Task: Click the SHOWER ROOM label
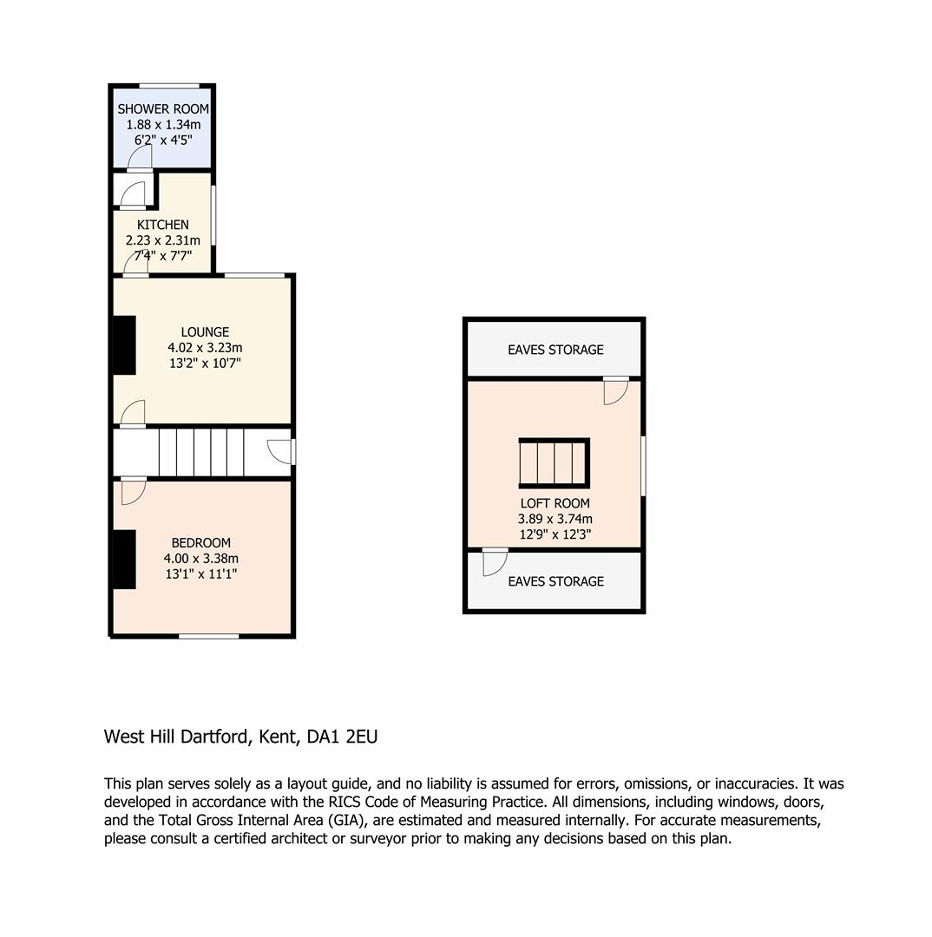coord(162,108)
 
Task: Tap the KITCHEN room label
coord(162,225)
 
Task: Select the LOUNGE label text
coord(205,331)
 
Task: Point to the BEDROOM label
coord(200,542)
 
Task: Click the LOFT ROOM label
coord(555,503)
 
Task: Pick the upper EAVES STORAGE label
coord(555,350)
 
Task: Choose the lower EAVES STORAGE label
coord(555,581)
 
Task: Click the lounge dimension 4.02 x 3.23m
coord(205,347)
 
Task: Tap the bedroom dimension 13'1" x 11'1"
coord(200,573)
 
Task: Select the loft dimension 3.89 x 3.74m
coord(555,519)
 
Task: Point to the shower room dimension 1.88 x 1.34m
coord(163,124)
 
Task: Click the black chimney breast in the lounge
coord(124,345)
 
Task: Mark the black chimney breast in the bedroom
coord(124,560)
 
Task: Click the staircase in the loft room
coord(555,463)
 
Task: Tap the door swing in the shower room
coord(140,157)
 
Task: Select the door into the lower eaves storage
coord(495,561)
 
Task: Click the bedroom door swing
coord(134,490)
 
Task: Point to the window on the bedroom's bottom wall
coord(208,636)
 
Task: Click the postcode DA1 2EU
coord(342,737)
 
